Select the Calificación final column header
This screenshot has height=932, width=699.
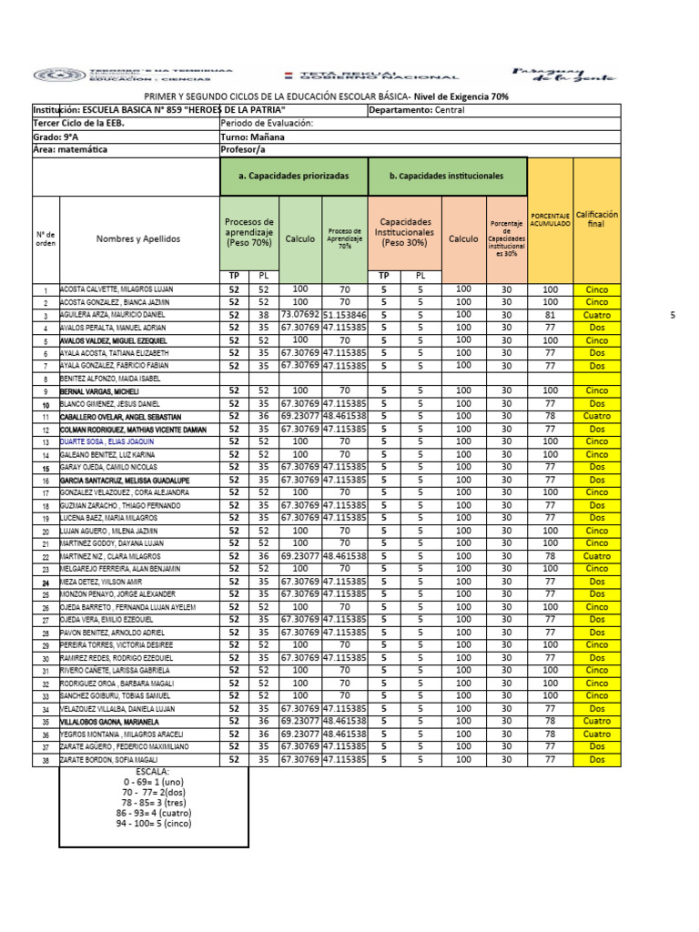[x=596, y=219]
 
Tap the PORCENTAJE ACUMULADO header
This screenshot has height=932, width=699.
[x=551, y=218]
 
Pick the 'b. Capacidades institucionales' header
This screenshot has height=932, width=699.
[x=446, y=175]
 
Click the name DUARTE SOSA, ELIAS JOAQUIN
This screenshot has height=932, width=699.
[x=106, y=441]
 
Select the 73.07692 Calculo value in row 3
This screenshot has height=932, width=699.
[x=299, y=313]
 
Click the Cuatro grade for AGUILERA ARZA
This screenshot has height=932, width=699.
[x=596, y=314]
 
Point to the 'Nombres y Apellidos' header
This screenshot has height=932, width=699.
[x=139, y=238]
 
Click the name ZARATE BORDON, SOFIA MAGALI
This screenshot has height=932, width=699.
[x=109, y=760]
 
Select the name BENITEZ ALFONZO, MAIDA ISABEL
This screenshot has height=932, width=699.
[x=110, y=378]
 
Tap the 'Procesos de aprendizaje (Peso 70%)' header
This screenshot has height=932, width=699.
[x=248, y=233]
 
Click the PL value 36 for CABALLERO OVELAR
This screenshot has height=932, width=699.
[x=263, y=416]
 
